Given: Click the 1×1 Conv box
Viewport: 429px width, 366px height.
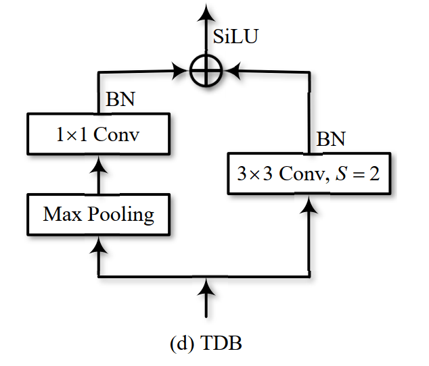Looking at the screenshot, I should click(x=99, y=134).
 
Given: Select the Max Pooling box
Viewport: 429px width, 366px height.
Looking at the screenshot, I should click(x=99, y=215).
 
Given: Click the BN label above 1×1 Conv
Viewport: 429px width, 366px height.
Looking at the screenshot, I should click(x=120, y=100).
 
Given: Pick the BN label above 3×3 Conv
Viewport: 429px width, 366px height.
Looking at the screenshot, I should click(x=331, y=140).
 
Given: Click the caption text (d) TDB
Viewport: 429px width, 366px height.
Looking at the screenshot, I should click(x=205, y=343).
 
